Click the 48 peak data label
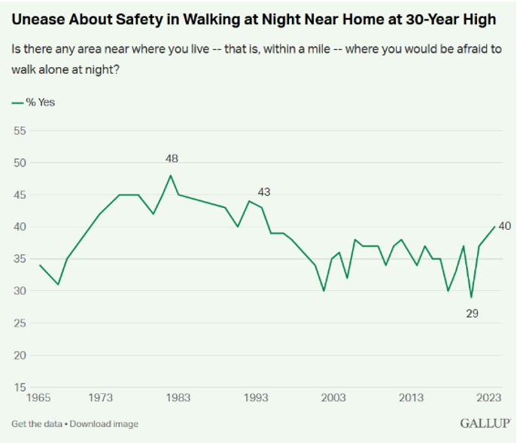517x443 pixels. (171, 159)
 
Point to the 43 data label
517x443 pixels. (263, 192)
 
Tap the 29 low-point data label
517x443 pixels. (473, 313)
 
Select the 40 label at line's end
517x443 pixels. (504, 226)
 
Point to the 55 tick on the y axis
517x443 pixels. (20, 130)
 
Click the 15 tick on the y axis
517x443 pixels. (20, 387)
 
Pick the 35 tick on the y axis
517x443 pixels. (20, 259)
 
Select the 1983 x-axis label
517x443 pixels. (178, 398)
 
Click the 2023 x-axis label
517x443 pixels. (487, 398)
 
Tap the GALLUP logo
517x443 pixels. (482, 423)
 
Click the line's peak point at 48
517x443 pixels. (171, 176)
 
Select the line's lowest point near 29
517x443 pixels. (471, 298)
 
